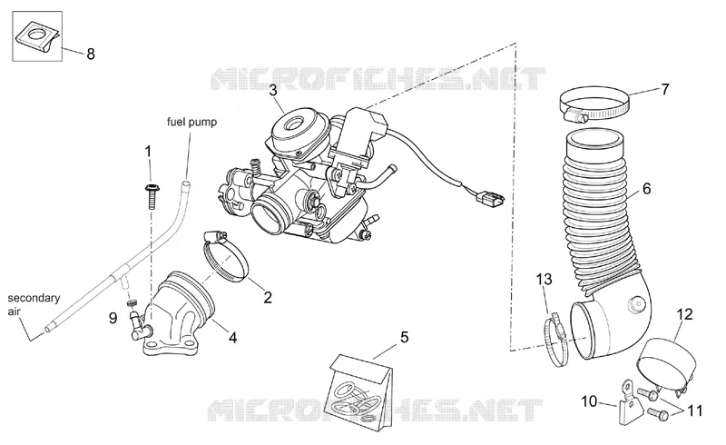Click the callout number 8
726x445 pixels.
click(91, 54)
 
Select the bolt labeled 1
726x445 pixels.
click(151, 196)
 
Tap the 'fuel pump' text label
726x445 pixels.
click(191, 122)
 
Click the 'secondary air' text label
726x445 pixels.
click(34, 304)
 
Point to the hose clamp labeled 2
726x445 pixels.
click(225, 256)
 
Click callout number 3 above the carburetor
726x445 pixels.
click(273, 90)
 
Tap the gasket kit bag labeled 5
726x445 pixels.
click(358, 391)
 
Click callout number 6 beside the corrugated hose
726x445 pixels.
click(646, 189)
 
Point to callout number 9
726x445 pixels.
click(113, 319)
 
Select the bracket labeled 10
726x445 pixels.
click(629, 403)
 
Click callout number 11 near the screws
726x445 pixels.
click(695, 410)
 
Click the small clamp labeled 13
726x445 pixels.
click(558, 341)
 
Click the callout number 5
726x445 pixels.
click(404, 337)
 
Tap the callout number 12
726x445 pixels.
click(685, 314)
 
